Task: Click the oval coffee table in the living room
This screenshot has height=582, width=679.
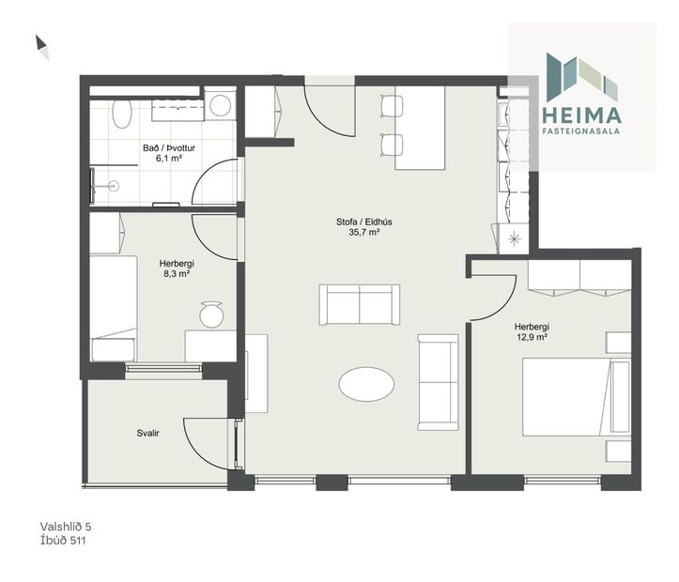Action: click(366, 383)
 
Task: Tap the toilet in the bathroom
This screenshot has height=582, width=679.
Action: click(122, 115)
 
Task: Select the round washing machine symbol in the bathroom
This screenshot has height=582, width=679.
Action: click(221, 105)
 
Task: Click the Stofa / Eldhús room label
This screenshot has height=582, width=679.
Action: click(363, 222)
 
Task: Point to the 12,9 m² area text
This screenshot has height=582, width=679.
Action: click(532, 339)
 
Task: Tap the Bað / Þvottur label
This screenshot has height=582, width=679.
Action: click(169, 147)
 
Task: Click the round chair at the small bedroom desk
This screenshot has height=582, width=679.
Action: click(211, 314)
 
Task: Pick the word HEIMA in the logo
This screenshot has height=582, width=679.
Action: click(582, 115)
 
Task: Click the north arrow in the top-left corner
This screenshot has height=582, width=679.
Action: click(42, 46)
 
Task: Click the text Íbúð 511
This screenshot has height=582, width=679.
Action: click(64, 541)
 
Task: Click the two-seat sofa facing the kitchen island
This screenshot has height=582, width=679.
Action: click(360, 304)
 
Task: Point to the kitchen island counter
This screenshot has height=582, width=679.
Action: click(420, 129)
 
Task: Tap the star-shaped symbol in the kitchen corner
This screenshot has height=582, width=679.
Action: click(514, 238)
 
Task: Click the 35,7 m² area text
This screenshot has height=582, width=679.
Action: click(363, 233)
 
